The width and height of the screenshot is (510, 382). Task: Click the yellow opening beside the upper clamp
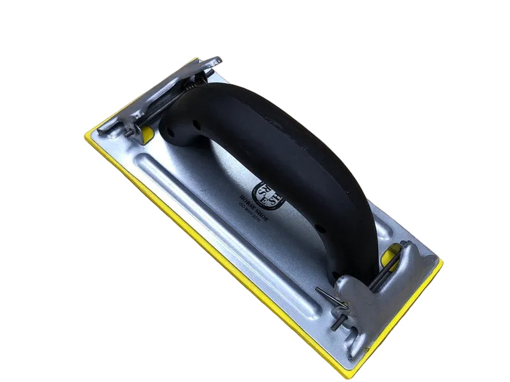point(147,133)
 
